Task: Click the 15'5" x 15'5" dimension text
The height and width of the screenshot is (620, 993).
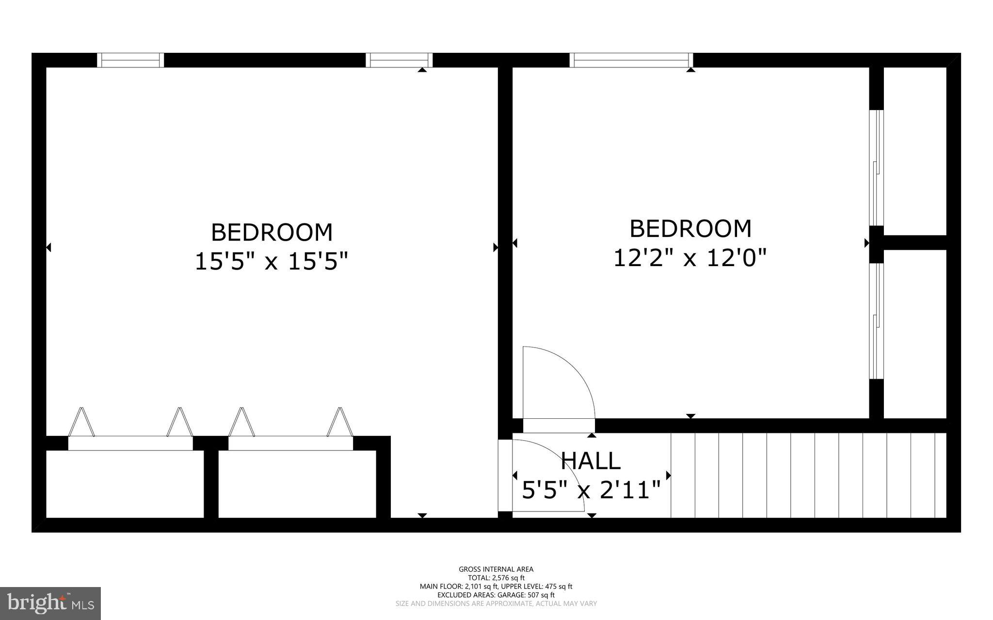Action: [271, 262]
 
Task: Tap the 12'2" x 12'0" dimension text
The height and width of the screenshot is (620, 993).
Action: [690, 258]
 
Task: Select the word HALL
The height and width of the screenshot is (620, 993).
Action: [590, 461]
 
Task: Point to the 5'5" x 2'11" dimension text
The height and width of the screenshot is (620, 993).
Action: [591, 490]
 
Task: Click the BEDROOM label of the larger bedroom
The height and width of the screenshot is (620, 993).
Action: [272, 232]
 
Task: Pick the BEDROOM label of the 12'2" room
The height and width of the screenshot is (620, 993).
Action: [690, 229]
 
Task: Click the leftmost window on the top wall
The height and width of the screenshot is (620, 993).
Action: [130, 60]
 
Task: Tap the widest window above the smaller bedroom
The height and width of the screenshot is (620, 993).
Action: [631, 60]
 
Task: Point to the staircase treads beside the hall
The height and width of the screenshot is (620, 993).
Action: [807, 475]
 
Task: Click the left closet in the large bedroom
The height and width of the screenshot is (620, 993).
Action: [125, 484]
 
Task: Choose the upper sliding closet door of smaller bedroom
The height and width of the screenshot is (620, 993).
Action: [876, 167]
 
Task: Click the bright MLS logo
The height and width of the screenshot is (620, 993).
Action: [50, 603]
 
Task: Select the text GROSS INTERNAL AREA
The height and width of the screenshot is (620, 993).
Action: [496, 569]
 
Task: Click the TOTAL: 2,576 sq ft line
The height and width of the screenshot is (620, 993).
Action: [496, 578]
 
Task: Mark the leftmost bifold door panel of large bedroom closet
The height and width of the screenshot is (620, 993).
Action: [80, 422]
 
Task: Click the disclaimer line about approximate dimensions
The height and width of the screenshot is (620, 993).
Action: [496, 604]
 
